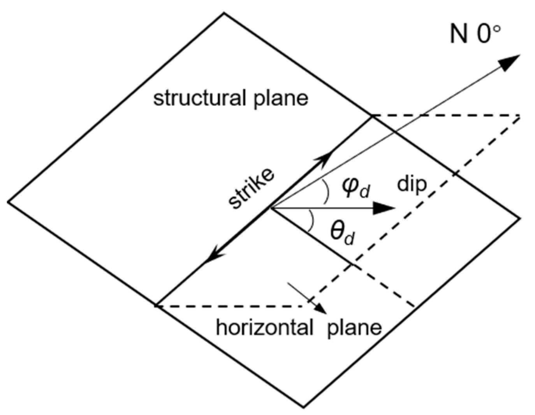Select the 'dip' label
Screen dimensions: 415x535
pos(412,185)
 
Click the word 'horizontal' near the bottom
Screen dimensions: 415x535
pos(264,327)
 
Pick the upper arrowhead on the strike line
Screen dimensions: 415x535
pos(325,158)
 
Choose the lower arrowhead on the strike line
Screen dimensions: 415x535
pos(213,256)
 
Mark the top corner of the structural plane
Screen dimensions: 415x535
pos(224,13)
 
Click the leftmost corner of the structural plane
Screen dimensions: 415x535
pos(8,202)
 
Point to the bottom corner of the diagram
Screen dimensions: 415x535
pos(304,407)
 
